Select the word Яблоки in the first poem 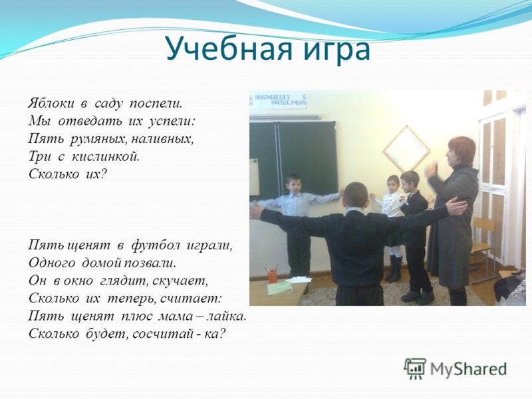pyautogui.click(x=51, y=103)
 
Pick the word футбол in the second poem pyautogui.click(x=156, y=245)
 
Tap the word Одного pyautogui.click(x=52, y=262)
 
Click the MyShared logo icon pyautogui.click(x=414, y=368)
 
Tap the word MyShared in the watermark pyautogui.click(x=468, y=369)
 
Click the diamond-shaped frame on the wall pyautogui.click(x=406, y=148)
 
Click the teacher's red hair pyautogui.click(x=462, y=148)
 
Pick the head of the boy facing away pyautogui.click(x=356, y=196)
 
